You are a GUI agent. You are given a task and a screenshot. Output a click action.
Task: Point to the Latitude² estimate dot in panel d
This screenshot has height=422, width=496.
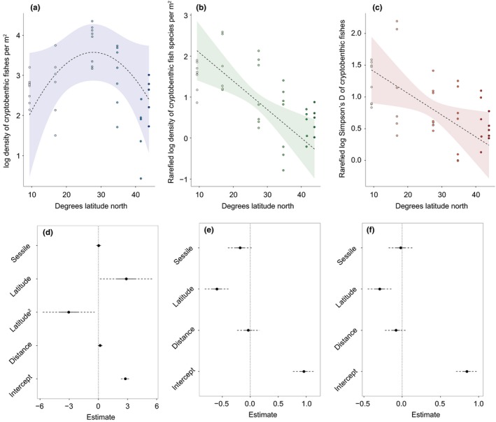point(69,312)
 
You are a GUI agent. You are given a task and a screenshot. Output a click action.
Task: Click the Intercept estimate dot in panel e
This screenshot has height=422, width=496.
point(304,371)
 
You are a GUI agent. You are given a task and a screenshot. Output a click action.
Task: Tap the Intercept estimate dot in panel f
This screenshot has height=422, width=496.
point(467,371)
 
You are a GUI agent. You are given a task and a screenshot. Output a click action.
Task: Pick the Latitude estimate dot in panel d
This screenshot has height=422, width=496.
point(127,279)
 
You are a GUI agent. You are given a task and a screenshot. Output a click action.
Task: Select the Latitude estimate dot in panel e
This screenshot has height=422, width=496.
point(217,289)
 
